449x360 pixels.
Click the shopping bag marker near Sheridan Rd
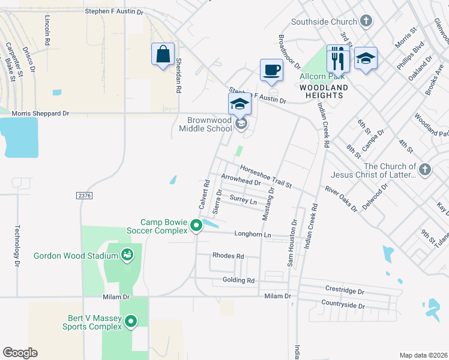click(x=163, y=55)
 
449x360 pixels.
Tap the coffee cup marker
click(x=271, y=70)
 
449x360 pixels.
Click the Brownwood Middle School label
click(x=209, y=124)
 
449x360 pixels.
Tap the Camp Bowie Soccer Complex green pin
click(x=196, y=226)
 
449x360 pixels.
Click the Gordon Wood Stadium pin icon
click(x=127, y=256)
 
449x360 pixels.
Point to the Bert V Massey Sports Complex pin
click(x=130, y=322)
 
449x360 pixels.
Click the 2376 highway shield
click(x=85, y=196)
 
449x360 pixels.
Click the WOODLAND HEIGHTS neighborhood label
click(x=324, y=88)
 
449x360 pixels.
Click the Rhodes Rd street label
click(x=228, y=256)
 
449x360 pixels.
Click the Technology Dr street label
click(x=17, y=246)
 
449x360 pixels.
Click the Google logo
click(x=20, y=353)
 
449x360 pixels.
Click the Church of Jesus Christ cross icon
click(x=425, y=169)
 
